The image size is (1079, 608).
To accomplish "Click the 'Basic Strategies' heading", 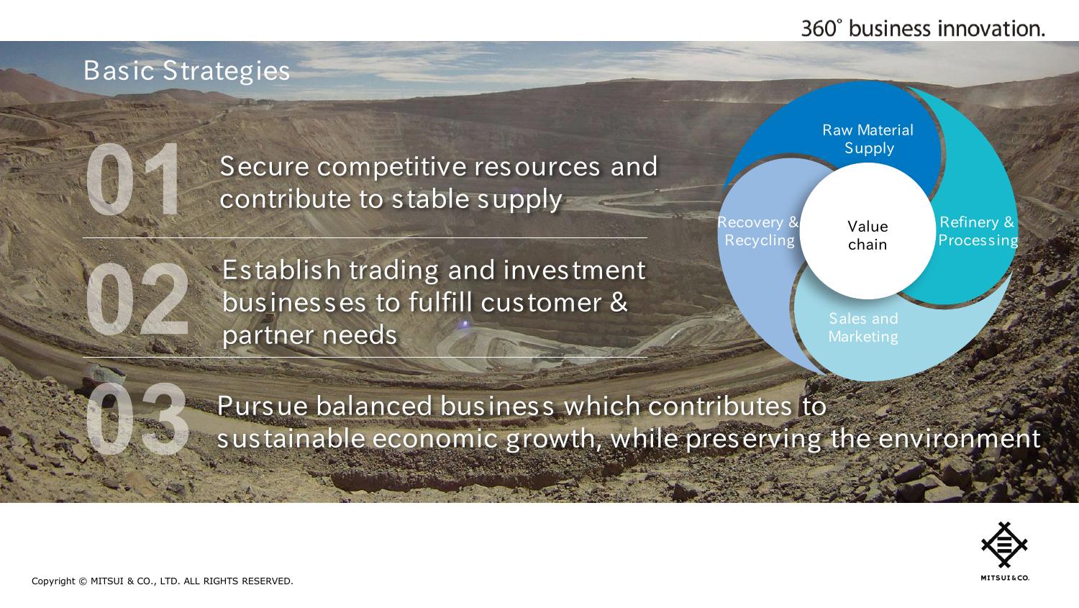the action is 186,71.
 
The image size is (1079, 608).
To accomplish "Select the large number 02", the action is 137,299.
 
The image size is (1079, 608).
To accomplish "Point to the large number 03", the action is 137,419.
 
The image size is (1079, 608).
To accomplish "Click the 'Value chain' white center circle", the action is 868,231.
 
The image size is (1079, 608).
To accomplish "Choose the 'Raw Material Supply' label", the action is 868,139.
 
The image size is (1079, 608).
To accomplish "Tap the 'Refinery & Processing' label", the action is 978,231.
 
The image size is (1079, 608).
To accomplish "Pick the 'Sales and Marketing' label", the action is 863,327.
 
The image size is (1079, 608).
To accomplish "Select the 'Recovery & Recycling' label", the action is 759,231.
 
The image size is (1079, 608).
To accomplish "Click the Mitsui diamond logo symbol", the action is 1004,545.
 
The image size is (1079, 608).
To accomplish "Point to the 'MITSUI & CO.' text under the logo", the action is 1005,578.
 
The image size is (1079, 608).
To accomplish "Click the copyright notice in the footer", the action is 163,581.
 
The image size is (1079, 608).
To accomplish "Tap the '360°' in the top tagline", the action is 821,29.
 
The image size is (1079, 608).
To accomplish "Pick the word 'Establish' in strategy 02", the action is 281,270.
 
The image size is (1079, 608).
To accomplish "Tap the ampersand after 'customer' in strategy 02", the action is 619,302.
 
